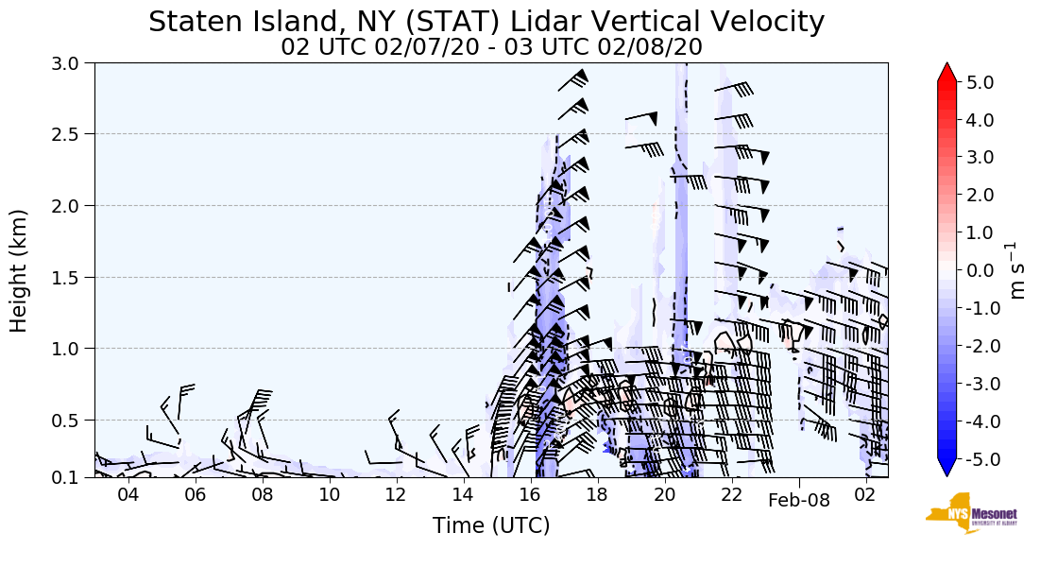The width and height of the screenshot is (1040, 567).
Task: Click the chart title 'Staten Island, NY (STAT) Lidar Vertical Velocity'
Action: point(486,22)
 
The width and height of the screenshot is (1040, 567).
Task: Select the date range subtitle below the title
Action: point(491,48)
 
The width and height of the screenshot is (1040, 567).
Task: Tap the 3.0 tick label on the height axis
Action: point(65,63)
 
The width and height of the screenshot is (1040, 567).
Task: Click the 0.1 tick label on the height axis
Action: point(65,477)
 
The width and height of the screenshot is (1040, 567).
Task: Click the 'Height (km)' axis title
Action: point(18,271)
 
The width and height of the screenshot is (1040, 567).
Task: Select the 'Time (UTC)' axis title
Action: point(491,525)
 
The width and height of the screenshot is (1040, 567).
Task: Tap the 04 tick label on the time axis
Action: point(128,495)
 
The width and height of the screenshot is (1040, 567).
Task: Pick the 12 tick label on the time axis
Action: point(396,495)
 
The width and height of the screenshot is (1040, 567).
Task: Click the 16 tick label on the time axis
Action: point(530,495)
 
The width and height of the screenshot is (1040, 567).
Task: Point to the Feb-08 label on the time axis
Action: point(799,500)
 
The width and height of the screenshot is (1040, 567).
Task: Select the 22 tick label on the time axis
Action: point(731,495)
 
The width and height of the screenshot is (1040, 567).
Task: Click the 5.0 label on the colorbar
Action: point(980,82)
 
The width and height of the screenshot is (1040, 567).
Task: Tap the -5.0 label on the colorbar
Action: point(977,459)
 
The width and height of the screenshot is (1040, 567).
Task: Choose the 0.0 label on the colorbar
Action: point(980,271)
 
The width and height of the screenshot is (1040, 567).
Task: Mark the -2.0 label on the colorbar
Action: point(977,346)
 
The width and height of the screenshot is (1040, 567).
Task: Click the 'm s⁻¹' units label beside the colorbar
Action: point(1015,271)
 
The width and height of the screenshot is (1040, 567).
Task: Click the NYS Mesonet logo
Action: point(972,513)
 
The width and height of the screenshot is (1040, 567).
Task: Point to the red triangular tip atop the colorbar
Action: point(946,73)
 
